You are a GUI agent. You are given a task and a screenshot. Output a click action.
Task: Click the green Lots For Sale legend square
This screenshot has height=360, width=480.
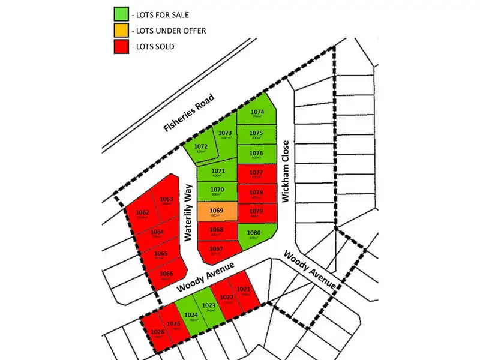[x=121, y=13]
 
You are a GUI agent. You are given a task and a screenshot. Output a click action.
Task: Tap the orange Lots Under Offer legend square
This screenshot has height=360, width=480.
[x=121, y=29]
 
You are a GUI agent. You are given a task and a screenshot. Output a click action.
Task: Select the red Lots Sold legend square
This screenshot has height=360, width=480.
[x=121, y=46]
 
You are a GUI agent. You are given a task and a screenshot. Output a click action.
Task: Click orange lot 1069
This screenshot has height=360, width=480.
[x=217, y=212]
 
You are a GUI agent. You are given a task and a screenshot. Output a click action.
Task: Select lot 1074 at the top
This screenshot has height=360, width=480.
[x=257, y=114]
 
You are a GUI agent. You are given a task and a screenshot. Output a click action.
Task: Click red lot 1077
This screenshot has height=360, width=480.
[x=257, y=173]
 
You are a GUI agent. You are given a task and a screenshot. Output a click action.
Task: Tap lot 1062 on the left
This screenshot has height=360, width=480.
[x=143, y=214]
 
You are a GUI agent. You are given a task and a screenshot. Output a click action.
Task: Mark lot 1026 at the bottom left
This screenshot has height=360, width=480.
[x=157, y=334]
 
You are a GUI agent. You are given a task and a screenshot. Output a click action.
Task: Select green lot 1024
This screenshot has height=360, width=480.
[x=191, y=317]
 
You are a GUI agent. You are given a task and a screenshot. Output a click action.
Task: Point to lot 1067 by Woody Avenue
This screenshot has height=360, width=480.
[x=216, y=251]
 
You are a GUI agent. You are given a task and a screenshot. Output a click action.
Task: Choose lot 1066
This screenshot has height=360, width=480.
[x=166, y=276]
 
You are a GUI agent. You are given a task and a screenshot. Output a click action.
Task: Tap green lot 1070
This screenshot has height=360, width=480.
[x=217, y=192]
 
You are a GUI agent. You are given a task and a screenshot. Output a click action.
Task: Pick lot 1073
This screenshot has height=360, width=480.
[x=225, y=135]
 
